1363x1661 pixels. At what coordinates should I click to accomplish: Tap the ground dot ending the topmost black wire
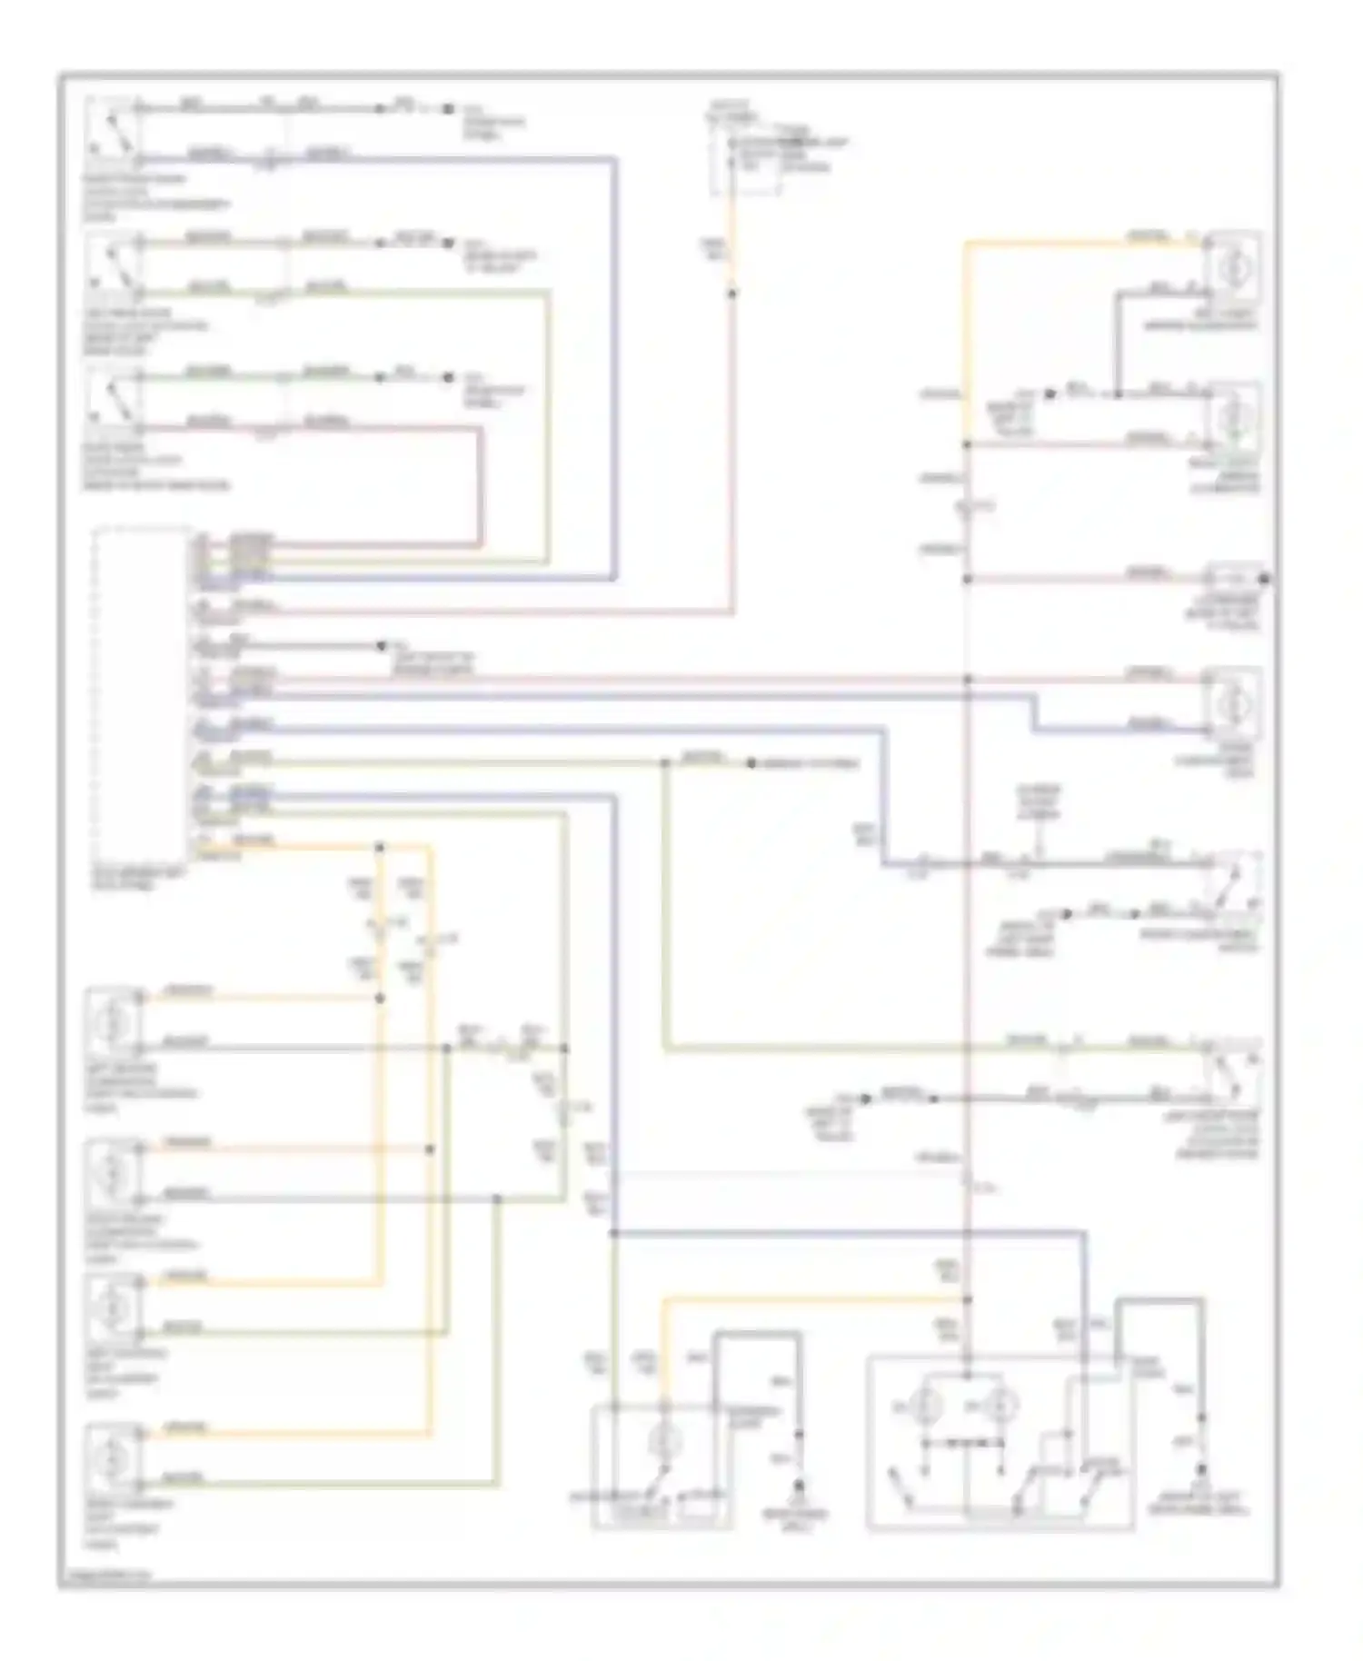pyautogui.click(x=448, y=109)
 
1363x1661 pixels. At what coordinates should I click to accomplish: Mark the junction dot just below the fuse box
pyautogui.click(x=733, y=293)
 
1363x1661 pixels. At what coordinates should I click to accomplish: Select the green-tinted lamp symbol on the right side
pyautogui.click(x=1233, y=416)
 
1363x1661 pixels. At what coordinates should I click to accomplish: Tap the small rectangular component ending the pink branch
pyautogui.click(x=1233, y=579)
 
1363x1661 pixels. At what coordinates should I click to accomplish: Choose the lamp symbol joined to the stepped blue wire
pyautogui.click(x=1233, y=702)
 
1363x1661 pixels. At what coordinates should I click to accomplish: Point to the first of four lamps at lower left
pyautogui.click(x=114, y=1022)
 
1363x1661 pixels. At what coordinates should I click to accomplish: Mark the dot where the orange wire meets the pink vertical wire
pyautogui.click(x=968, y=1300)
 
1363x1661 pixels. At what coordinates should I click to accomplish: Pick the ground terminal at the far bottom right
pyautogui.click(x=1202, y=1469)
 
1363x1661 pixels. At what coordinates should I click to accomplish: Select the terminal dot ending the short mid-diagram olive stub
pyautogui.click(x=751, y=763)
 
